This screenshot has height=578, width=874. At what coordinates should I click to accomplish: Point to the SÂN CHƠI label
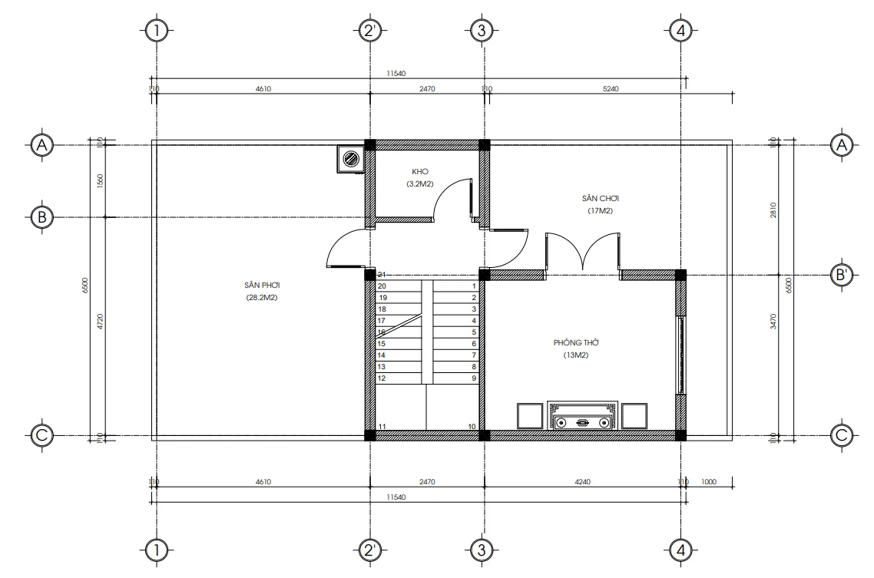601,198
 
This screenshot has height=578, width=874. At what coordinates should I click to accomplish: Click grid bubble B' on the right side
843,275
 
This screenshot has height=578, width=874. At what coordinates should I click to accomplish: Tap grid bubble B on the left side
41,217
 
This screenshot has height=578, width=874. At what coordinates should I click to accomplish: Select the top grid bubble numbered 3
482,31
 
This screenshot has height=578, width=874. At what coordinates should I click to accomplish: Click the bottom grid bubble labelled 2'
370,550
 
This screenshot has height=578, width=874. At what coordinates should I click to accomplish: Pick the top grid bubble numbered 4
680,31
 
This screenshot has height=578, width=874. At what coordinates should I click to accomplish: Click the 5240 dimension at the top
611,88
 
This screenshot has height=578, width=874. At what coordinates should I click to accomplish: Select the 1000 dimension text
708,482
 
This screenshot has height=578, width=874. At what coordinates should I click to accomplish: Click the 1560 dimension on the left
100,180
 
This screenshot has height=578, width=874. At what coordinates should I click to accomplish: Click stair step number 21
381,274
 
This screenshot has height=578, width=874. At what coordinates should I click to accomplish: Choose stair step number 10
471,426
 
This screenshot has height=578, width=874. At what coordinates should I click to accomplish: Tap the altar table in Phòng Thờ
583,415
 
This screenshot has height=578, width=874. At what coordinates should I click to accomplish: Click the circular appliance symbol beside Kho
350,160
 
